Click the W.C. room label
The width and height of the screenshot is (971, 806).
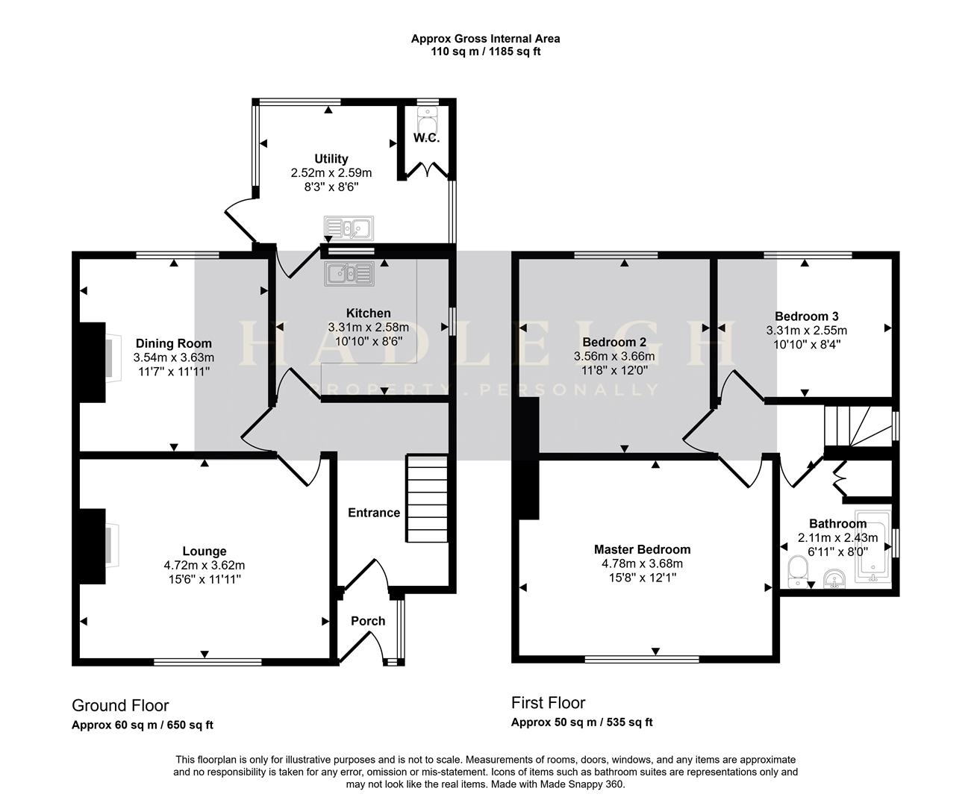coord(426,138)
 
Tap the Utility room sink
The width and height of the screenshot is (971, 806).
coord(349,228)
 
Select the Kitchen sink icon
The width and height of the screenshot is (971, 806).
coord(349,273)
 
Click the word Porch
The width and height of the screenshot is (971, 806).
coord(368,622)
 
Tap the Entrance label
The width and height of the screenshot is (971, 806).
coord(374,513)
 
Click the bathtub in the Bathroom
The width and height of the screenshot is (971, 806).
coord(873,546)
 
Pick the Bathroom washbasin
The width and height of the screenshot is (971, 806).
coord(836,580)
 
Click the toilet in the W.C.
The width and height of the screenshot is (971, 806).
coord(427,119)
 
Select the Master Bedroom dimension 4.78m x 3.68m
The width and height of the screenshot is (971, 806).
coord(642,563)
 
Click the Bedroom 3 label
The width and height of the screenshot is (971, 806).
coord(806,316)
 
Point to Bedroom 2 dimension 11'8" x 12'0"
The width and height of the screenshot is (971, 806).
coord(614,370)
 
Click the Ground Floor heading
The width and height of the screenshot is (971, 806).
coord(120,705)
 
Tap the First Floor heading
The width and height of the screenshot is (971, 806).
coord(549,703)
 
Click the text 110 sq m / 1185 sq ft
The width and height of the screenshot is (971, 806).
coord(485,51)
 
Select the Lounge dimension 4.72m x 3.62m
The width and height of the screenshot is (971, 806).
coord(204,566)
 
